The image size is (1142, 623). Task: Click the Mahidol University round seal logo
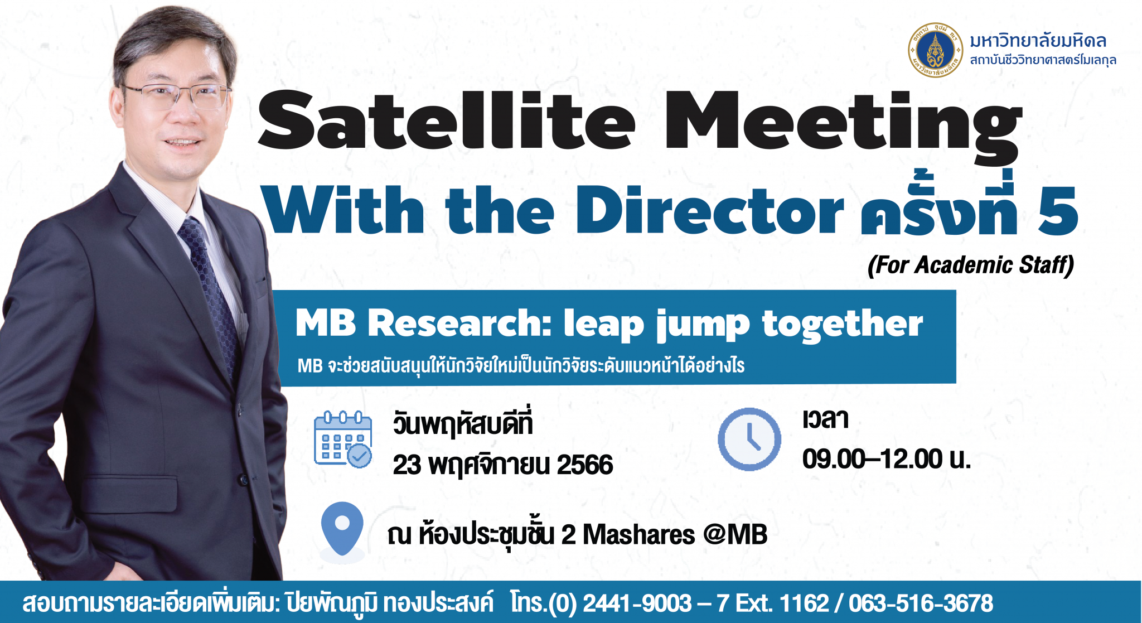pos(935,50)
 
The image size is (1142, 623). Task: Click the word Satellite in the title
pos(447,119)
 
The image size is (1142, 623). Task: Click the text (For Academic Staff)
pos(971,265)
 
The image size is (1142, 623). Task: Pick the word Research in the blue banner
pos(459,323)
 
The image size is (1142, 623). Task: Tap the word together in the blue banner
pos(842,325)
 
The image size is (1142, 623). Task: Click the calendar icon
pos(343,439)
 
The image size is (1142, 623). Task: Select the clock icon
pos(749,439)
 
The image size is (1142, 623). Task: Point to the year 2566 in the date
pos(585,465)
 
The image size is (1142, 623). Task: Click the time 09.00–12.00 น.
pos(887,459)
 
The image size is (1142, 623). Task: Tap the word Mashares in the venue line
pos(639,535)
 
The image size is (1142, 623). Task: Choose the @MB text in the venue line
pos(735,534)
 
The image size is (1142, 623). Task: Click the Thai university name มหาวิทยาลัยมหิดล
pos(1038,40)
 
